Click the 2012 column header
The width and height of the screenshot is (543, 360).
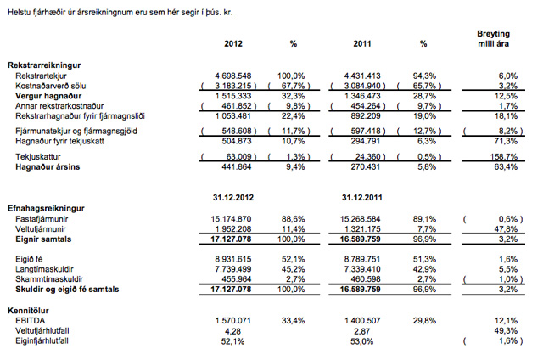point(233,43)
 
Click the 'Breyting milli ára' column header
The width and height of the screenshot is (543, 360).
point(494,39)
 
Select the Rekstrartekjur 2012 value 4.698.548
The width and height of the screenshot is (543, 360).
point(233,76)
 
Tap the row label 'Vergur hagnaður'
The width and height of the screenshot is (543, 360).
point(48,96)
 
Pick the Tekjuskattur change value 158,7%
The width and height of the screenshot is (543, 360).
point(504,156)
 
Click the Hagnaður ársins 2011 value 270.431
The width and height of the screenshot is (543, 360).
point(366,167)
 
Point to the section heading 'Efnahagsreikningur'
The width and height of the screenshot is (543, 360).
point(46,209)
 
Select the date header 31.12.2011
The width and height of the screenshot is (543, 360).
point(362,198)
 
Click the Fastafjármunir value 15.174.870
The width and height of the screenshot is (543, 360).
point(231,219)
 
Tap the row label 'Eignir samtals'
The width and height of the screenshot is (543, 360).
point(43,239)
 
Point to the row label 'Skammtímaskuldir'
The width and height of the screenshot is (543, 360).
point(49,279)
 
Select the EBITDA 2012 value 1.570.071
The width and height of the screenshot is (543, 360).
point(233,321)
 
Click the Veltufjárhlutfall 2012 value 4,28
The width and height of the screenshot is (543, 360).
point(232,331)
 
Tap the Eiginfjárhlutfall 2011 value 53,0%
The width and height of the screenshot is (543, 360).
point(362,341)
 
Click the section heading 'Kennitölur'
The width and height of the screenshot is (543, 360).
point(28,311)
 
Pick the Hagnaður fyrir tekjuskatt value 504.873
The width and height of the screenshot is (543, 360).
point(237,141)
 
